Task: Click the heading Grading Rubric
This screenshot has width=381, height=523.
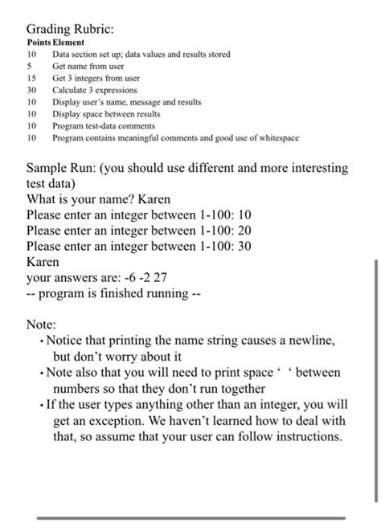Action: (70, 28)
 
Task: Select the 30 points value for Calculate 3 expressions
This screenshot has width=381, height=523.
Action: (32, 91)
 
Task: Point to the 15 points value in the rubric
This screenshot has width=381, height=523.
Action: (32, 78)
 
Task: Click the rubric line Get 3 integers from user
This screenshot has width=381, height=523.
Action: (96, 78)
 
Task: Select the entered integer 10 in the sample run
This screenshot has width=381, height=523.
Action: (245, 215)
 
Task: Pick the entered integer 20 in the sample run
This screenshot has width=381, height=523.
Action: (245, 231)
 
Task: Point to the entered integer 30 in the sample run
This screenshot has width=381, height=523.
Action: (245, 247)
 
